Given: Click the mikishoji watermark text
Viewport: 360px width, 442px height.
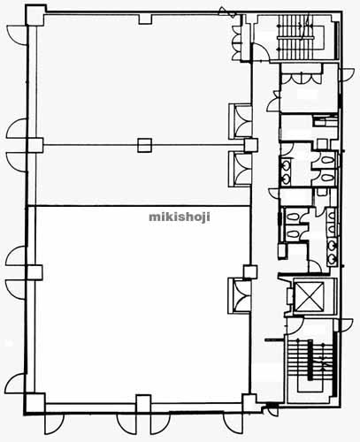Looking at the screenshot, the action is [180, 217].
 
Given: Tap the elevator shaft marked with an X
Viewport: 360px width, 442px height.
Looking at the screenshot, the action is [309, 296].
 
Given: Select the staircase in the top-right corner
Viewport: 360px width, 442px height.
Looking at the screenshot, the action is [295, 36].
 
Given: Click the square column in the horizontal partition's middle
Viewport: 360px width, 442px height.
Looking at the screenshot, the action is [144, 145].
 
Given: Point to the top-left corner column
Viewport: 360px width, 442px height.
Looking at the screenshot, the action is [35, 15].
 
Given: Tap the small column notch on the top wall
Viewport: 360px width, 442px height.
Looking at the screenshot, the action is [145, 19].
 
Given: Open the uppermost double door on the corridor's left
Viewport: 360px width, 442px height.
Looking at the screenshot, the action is [241, 120].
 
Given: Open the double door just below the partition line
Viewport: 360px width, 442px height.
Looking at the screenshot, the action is [241, 169].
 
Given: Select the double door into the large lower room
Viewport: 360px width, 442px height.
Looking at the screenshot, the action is [241, 295].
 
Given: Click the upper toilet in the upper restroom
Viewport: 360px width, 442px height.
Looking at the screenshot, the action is [327, 161].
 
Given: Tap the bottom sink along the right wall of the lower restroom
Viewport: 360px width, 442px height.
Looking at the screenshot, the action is [333, 259].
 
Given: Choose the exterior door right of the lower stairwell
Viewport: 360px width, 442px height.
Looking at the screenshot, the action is [346, 325].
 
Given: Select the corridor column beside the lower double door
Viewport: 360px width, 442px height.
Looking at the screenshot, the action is [250, 272].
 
